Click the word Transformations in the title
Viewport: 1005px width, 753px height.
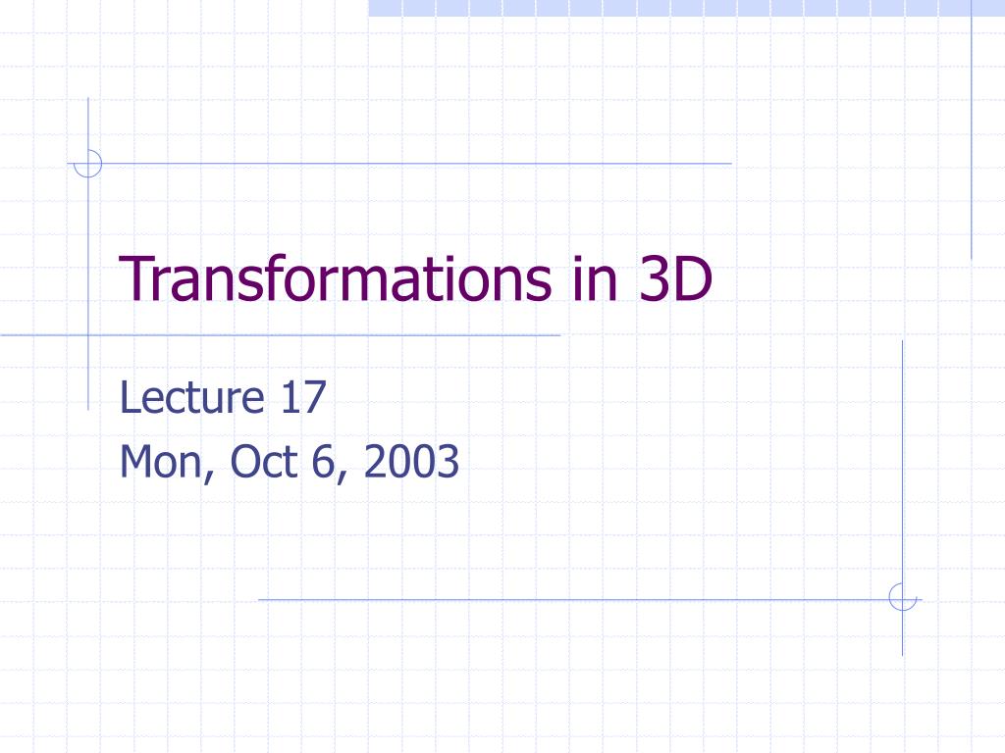click(x=336, y=278)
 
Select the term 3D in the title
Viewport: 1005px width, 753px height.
click(x=674, y=278)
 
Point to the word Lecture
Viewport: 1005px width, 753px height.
click(x=191, y=399)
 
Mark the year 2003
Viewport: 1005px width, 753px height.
click(x=410, y=462)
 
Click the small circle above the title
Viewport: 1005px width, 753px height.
click(x=88, y=163)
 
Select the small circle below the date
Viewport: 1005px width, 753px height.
click(x=902, y=597)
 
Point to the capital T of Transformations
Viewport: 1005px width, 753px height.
click(x=135, y=278)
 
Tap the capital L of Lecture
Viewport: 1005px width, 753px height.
click(x=128, y=399)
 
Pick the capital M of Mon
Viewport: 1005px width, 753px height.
click(x=135, y=462)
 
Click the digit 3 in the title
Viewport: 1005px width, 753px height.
click(x=655, y=278)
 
